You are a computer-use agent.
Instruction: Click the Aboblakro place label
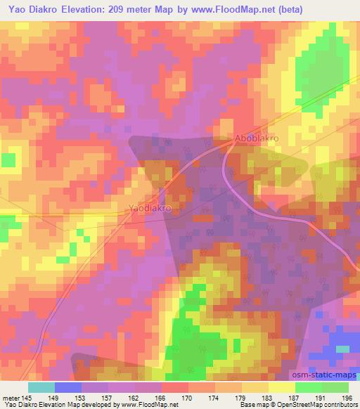[257, 138]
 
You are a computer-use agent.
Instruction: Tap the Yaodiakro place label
[150, 209]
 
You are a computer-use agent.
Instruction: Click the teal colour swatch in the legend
[41, 387]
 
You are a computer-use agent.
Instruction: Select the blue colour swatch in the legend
[67, 387]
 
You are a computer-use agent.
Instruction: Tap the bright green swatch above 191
[308, 387]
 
